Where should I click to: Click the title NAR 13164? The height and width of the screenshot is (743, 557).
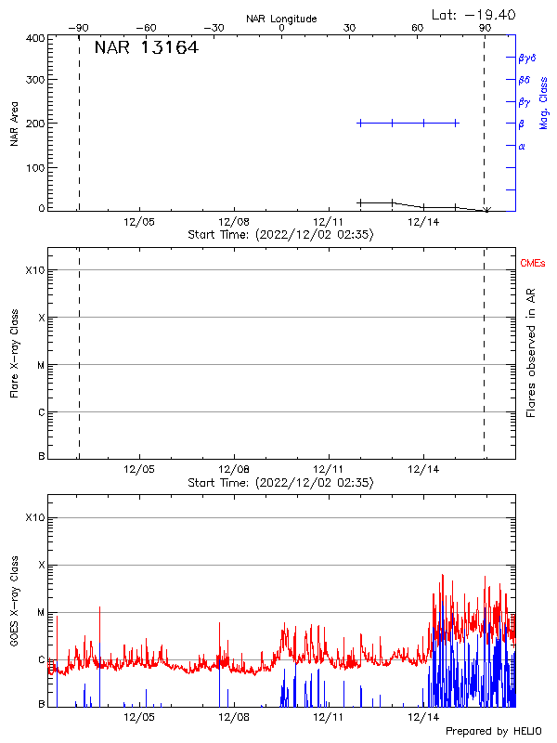(146, 48)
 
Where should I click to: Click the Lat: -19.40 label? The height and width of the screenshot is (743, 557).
(473, 14)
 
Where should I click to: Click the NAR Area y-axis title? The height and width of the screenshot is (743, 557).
(14, 124)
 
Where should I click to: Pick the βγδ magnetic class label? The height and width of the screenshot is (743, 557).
(527, 58)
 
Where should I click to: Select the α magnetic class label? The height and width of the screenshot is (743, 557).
(522, 146)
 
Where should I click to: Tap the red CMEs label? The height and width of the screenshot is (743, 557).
(533, 264)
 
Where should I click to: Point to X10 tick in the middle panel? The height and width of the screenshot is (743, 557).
(34, 270)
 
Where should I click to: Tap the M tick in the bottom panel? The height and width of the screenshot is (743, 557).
(40, 613)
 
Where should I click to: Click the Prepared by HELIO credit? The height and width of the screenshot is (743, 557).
(492, 732)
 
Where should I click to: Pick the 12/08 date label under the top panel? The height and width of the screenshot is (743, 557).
(234, 223)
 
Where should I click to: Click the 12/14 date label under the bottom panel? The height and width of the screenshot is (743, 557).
(423, 719)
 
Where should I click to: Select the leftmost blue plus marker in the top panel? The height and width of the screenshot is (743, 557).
(360, 123)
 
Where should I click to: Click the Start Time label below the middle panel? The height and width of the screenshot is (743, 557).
(280, 483)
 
